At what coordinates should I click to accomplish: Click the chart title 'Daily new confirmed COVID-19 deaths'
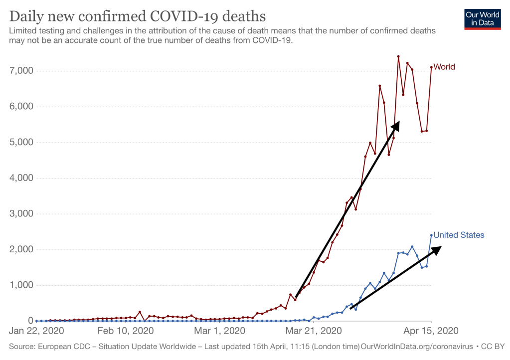[137, 16]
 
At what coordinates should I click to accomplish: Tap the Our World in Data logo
[482, 18]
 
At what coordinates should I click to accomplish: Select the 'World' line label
[444, 67]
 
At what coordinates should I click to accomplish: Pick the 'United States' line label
[459, 235]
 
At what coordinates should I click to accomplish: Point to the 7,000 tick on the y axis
[21, 71]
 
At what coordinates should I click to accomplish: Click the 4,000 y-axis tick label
[21, 178]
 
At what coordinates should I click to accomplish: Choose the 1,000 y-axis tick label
[21, 285]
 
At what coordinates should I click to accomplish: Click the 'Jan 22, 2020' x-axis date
[36, 331]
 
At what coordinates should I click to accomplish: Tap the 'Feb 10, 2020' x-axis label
[125, 331]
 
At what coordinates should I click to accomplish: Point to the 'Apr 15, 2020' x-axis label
[431, 331]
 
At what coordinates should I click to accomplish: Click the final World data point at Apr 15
[431, 67]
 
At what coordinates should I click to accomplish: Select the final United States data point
[431, 235]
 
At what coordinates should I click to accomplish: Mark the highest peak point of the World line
[398, 56]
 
